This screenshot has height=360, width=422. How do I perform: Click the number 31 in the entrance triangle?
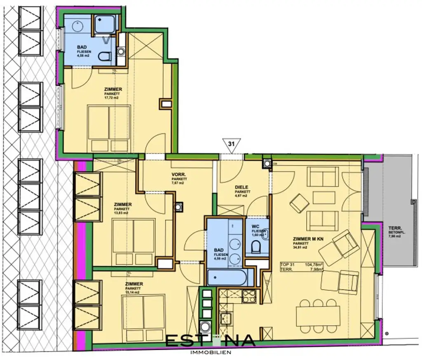tap(231, 145)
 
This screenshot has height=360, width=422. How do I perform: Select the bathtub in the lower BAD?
tap(227, 278)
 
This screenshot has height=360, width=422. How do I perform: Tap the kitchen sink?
tap(226, 318)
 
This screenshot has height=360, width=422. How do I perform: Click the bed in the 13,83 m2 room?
tap(134, 241)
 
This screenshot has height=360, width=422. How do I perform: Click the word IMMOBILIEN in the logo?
tap(211, 353)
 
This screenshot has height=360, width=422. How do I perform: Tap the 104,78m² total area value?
tap(313, 264)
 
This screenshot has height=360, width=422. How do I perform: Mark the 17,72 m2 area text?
tap(113, 98)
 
